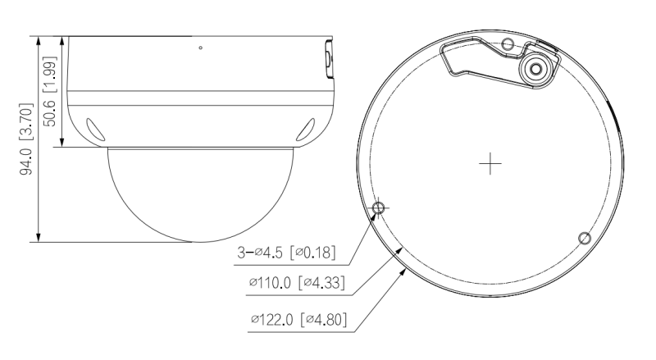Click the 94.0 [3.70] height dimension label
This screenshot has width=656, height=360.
pyautogui.click(x=26, y=139)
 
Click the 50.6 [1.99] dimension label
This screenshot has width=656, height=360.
pyautogui.click(x=49, y=92)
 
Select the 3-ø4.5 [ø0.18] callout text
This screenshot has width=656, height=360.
pyautogui.click(x=286, y=253)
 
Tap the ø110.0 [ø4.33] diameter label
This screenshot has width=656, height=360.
pyautogui.click(x=297, y=283)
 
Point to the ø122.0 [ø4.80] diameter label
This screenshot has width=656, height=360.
pyautogui.click(x=298, y=319)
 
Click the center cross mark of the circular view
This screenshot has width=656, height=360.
pyautogui.click(x=490, y=163)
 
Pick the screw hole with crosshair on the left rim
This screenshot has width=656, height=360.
pyautogui.click(x=379, y=207)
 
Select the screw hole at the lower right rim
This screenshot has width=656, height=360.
pyautogui.click(x=585, y=239)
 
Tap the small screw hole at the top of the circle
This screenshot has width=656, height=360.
pyautogui.click(x=508, y=43)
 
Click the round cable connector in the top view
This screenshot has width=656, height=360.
pyautogui.click(x=535, y=68)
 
